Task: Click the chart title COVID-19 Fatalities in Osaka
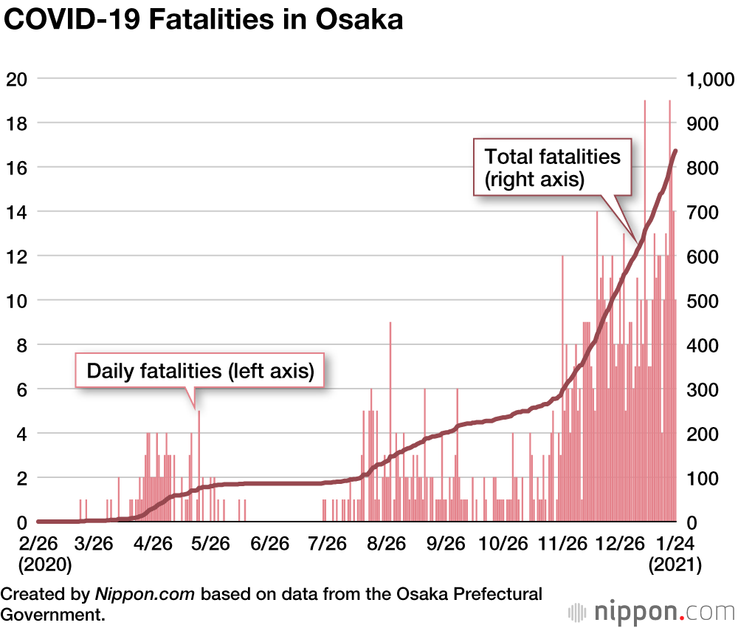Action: pyautogui.click(x=204, y=20)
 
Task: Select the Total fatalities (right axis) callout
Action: pyautogui.click(x=552, y=168)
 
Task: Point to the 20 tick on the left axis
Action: pyautogui.click(x=17, y=79)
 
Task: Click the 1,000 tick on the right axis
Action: pyautogui.click(x=708, y=79)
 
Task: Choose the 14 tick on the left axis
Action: pyautogui.click(x=17, y=212)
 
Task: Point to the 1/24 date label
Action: pyautogui.click(x=675, y=545)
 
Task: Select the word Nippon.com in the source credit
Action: pyautogui.click(x=145, y=594)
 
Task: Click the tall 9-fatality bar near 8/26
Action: pyautogui.click(x=390, y=421)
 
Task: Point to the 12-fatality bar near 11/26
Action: pyautogui.click(x=562, y=388)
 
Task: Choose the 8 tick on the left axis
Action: pyautogui.click(x=21, y=345)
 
